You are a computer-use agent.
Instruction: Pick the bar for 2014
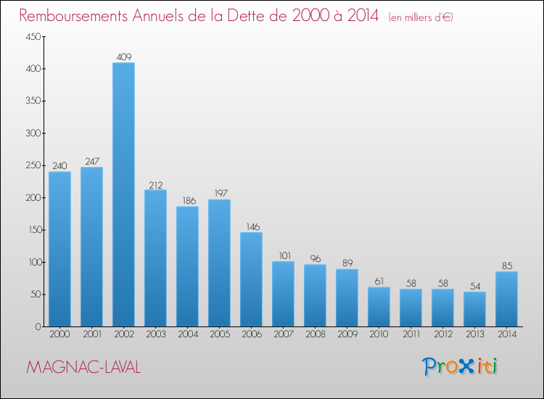(506, 299)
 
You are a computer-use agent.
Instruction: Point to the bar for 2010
(379, 307)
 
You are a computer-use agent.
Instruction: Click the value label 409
(123, 57)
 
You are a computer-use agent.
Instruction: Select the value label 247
(91, 161)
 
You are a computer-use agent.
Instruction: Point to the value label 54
(474, 286)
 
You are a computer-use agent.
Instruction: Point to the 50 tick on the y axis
(33, 295)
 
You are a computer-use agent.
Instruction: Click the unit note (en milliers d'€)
(421, 17)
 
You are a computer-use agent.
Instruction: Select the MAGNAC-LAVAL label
(83, 368)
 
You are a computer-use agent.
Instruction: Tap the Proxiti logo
(461, 366)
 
